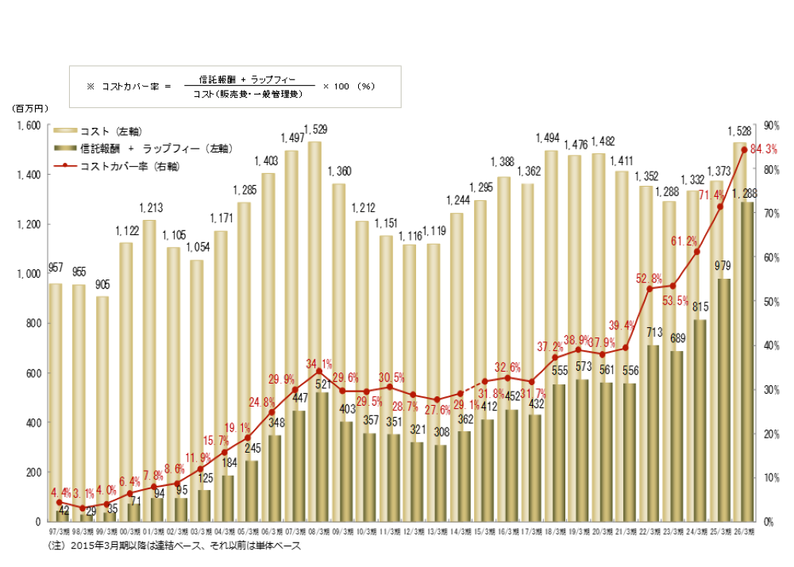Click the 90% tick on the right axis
click(770, 125)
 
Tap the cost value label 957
click(56, 268)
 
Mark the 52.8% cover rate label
click(649, 278)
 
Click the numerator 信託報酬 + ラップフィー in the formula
click(245, 79)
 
